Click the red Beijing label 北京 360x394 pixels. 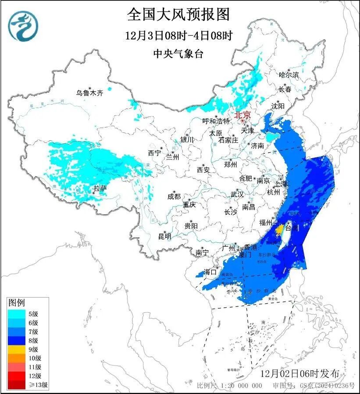(242, 115)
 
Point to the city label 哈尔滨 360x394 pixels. (289, 75)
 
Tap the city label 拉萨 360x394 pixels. (100, 188)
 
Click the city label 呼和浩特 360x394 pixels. (216, 121)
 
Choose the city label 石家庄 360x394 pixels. (228, 140)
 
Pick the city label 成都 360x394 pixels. (174, 196)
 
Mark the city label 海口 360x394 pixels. (211, 272)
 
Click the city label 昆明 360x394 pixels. (164, 236)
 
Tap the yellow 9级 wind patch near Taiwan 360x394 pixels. (278, 229)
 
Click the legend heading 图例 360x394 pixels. (17, 302)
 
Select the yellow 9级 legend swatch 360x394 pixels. (17, 349)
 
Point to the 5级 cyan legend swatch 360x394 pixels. (17, 313)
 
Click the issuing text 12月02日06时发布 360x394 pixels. (299, 373)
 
